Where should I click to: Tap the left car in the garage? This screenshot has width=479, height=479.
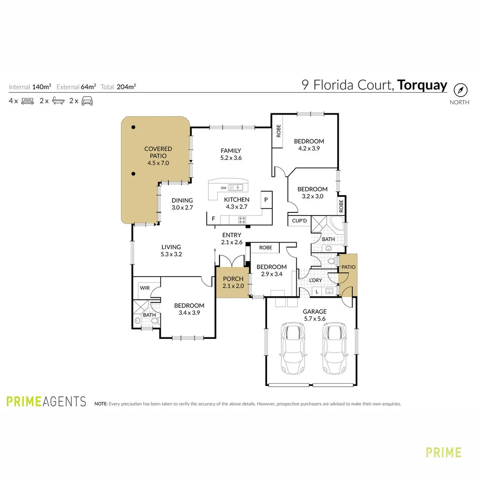tap(293, 349)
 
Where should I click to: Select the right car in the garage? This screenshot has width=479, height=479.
tap(334, 349)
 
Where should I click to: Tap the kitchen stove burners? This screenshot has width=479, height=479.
tap(242, 219)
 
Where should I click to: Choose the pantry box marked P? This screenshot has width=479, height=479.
tap(266, 200)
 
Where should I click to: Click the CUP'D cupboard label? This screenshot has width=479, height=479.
tap(299, 220)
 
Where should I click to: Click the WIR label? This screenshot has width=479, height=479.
tap(145, 288)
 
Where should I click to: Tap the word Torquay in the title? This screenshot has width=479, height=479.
tap(422, 85)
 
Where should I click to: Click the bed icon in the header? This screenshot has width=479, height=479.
tap(27, 101)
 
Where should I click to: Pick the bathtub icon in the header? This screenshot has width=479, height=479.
tap(58, 101)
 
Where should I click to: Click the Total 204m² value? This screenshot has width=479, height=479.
tap(126, 87)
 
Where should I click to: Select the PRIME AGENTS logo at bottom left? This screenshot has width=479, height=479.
tap(46, 401)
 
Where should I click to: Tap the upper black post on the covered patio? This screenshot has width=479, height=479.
tap(133, 127)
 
